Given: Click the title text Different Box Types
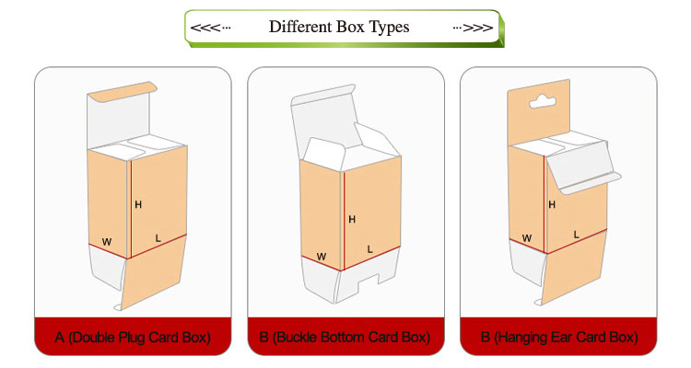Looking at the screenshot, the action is point(339,27).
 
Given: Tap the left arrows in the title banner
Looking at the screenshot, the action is point(210,28).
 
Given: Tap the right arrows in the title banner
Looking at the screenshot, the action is point(473,28).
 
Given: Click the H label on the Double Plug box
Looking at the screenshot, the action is point(138,204).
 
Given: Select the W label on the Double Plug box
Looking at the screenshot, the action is point(107,242).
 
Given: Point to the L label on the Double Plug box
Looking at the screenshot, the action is point(158,238).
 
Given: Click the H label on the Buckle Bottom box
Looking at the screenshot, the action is point(352,219).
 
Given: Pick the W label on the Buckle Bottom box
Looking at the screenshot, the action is point(322,257).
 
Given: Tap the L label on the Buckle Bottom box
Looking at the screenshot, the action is point(369,249).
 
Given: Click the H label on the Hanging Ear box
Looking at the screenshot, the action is point(552,204).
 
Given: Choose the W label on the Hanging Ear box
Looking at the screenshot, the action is point(527,238).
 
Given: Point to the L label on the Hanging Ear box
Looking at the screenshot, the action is point(576,235).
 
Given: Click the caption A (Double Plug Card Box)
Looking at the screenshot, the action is point(133,338).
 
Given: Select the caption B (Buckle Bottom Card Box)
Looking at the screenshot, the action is point(345,338).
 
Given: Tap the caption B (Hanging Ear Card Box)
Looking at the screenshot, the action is point(559,338).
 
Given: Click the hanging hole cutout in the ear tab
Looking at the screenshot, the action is point(543,102).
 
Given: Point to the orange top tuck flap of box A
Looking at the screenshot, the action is point(122,92).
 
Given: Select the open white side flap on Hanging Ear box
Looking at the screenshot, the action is point(581,168).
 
